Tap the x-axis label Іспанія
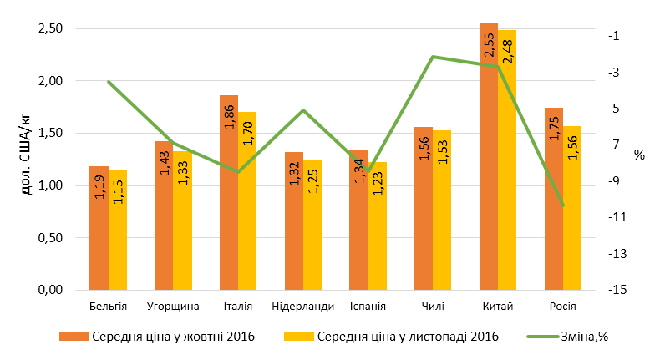click(x=368, y=306)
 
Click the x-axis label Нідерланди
click(x=302, y=306)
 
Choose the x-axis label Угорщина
click(x=173, y=306)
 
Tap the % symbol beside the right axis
click(x=639, y=155)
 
